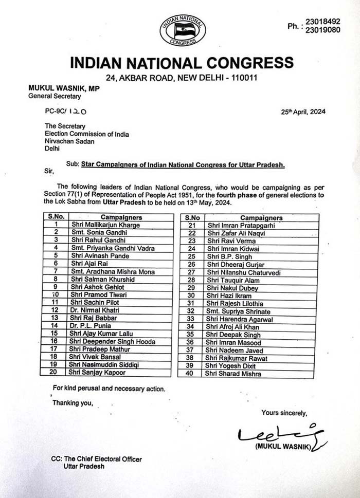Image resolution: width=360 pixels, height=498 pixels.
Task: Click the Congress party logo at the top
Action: pyautogui.click(x=183, y=30)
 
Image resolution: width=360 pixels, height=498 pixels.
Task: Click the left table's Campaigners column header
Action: pyautogui.click(x=121, y=217)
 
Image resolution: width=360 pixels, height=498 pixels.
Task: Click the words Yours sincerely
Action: pyautogui.click(x=284, y=413)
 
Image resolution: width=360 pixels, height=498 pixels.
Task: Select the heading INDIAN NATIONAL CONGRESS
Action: pyautogui.click(x=182, y=63)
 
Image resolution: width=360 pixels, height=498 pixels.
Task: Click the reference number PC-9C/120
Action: pyautogui.click(x=65, y=110)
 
